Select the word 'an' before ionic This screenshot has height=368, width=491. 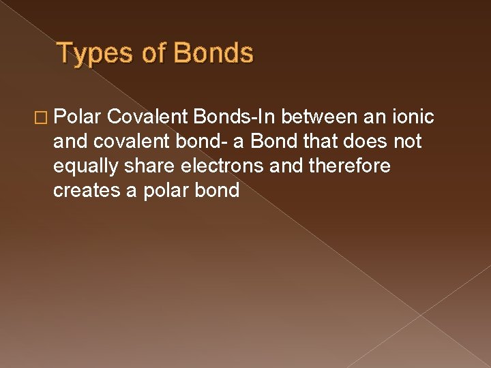tap(373, 117)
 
